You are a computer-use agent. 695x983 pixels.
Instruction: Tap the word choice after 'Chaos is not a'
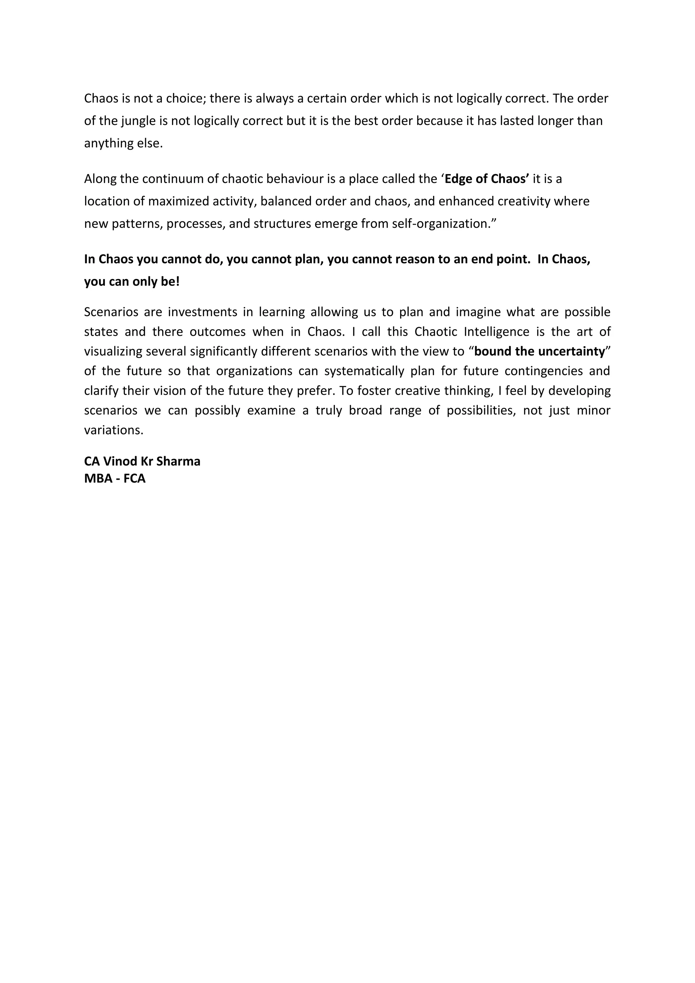[x=186, y=98]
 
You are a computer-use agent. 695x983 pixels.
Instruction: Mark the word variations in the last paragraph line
[x=113, y=430]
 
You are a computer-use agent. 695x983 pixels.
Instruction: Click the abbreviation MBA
[x=98, y=479]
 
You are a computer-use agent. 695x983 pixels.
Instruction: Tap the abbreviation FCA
[x=134, y=479]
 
